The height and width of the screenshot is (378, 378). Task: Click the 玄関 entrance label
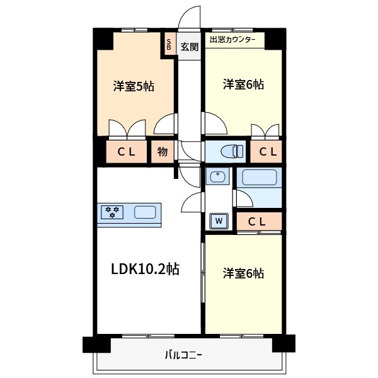coord(189,46)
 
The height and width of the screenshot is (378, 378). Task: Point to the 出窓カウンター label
coord(232,40)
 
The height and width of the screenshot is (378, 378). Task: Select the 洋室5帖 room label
coord(134,86)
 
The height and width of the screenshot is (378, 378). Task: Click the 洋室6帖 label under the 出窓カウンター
coord(243,84)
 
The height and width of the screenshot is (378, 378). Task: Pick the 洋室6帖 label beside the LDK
coord(243,273)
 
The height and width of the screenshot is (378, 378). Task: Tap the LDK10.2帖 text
coord(146,269)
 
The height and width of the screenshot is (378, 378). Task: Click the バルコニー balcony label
coord(183,355)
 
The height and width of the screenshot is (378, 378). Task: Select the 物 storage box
coord(162,151)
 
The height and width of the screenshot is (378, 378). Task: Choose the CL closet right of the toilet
coord(267,151)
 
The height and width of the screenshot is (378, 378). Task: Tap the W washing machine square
coord(219,221)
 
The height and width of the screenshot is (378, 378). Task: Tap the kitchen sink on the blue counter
coord(145,212)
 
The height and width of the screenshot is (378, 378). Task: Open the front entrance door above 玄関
coord(189,19)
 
